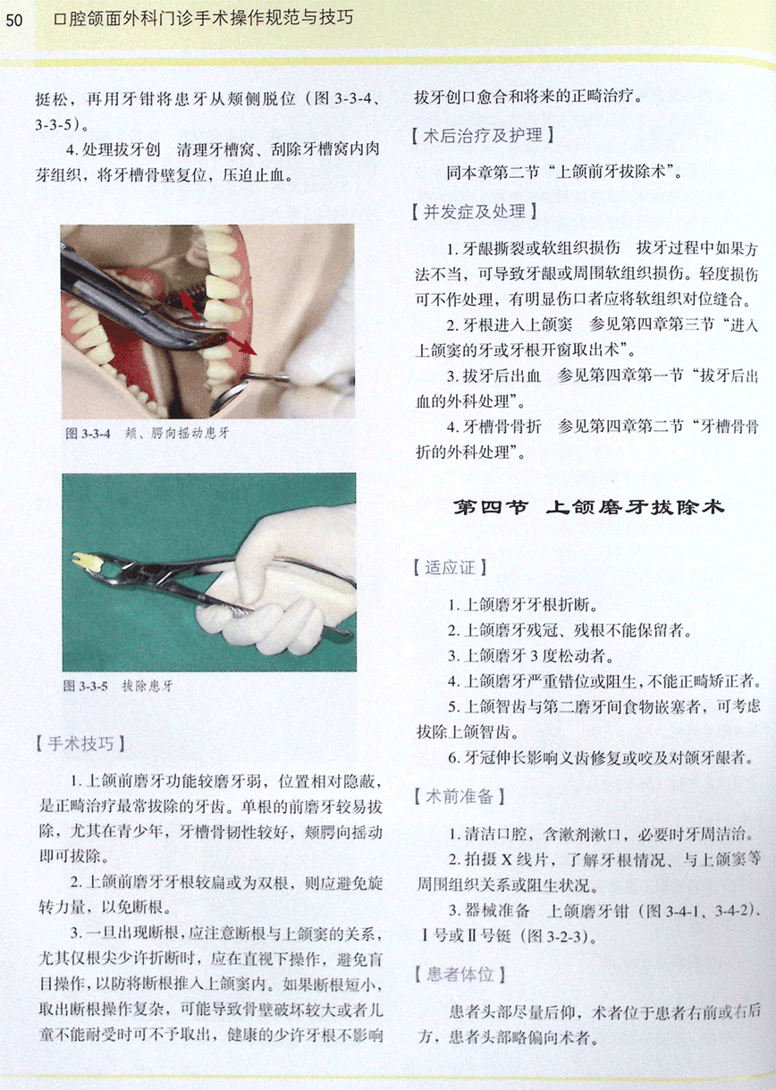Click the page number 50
(x=13, y=21)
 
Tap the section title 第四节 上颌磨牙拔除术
(x=589, y=508)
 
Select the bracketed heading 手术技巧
(x=80, y=745)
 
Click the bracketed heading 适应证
(x=450, y=568)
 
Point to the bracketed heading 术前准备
(x=460, y=797)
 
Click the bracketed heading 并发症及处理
(x=475, y=212)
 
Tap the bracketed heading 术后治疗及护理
(x=483, y=135)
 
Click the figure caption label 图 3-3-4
(x=89, y=433)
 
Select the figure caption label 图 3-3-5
(x=85, y=687)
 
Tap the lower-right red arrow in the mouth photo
(x=241, y=345)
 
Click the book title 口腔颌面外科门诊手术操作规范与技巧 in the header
(x=204, y=20)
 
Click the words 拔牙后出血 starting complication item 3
(x=502, y=376)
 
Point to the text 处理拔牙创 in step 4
(x=121, y=150)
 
